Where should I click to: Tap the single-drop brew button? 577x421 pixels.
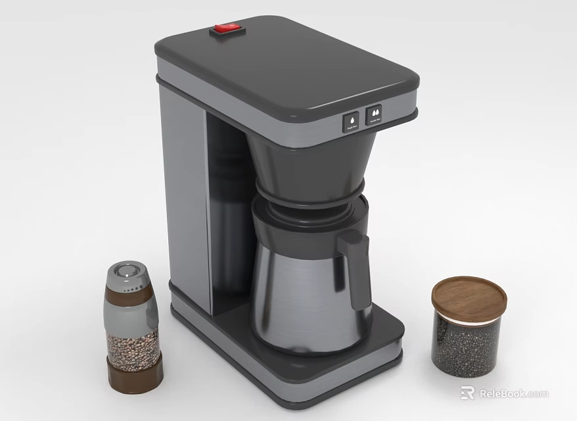tap(351, 121)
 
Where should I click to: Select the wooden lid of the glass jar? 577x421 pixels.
tap(469, 295)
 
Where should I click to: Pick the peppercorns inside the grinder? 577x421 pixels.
tap(133, 347)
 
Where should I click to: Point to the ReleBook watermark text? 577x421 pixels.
tap(513, 393)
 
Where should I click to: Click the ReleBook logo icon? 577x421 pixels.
tap(467, 393)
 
